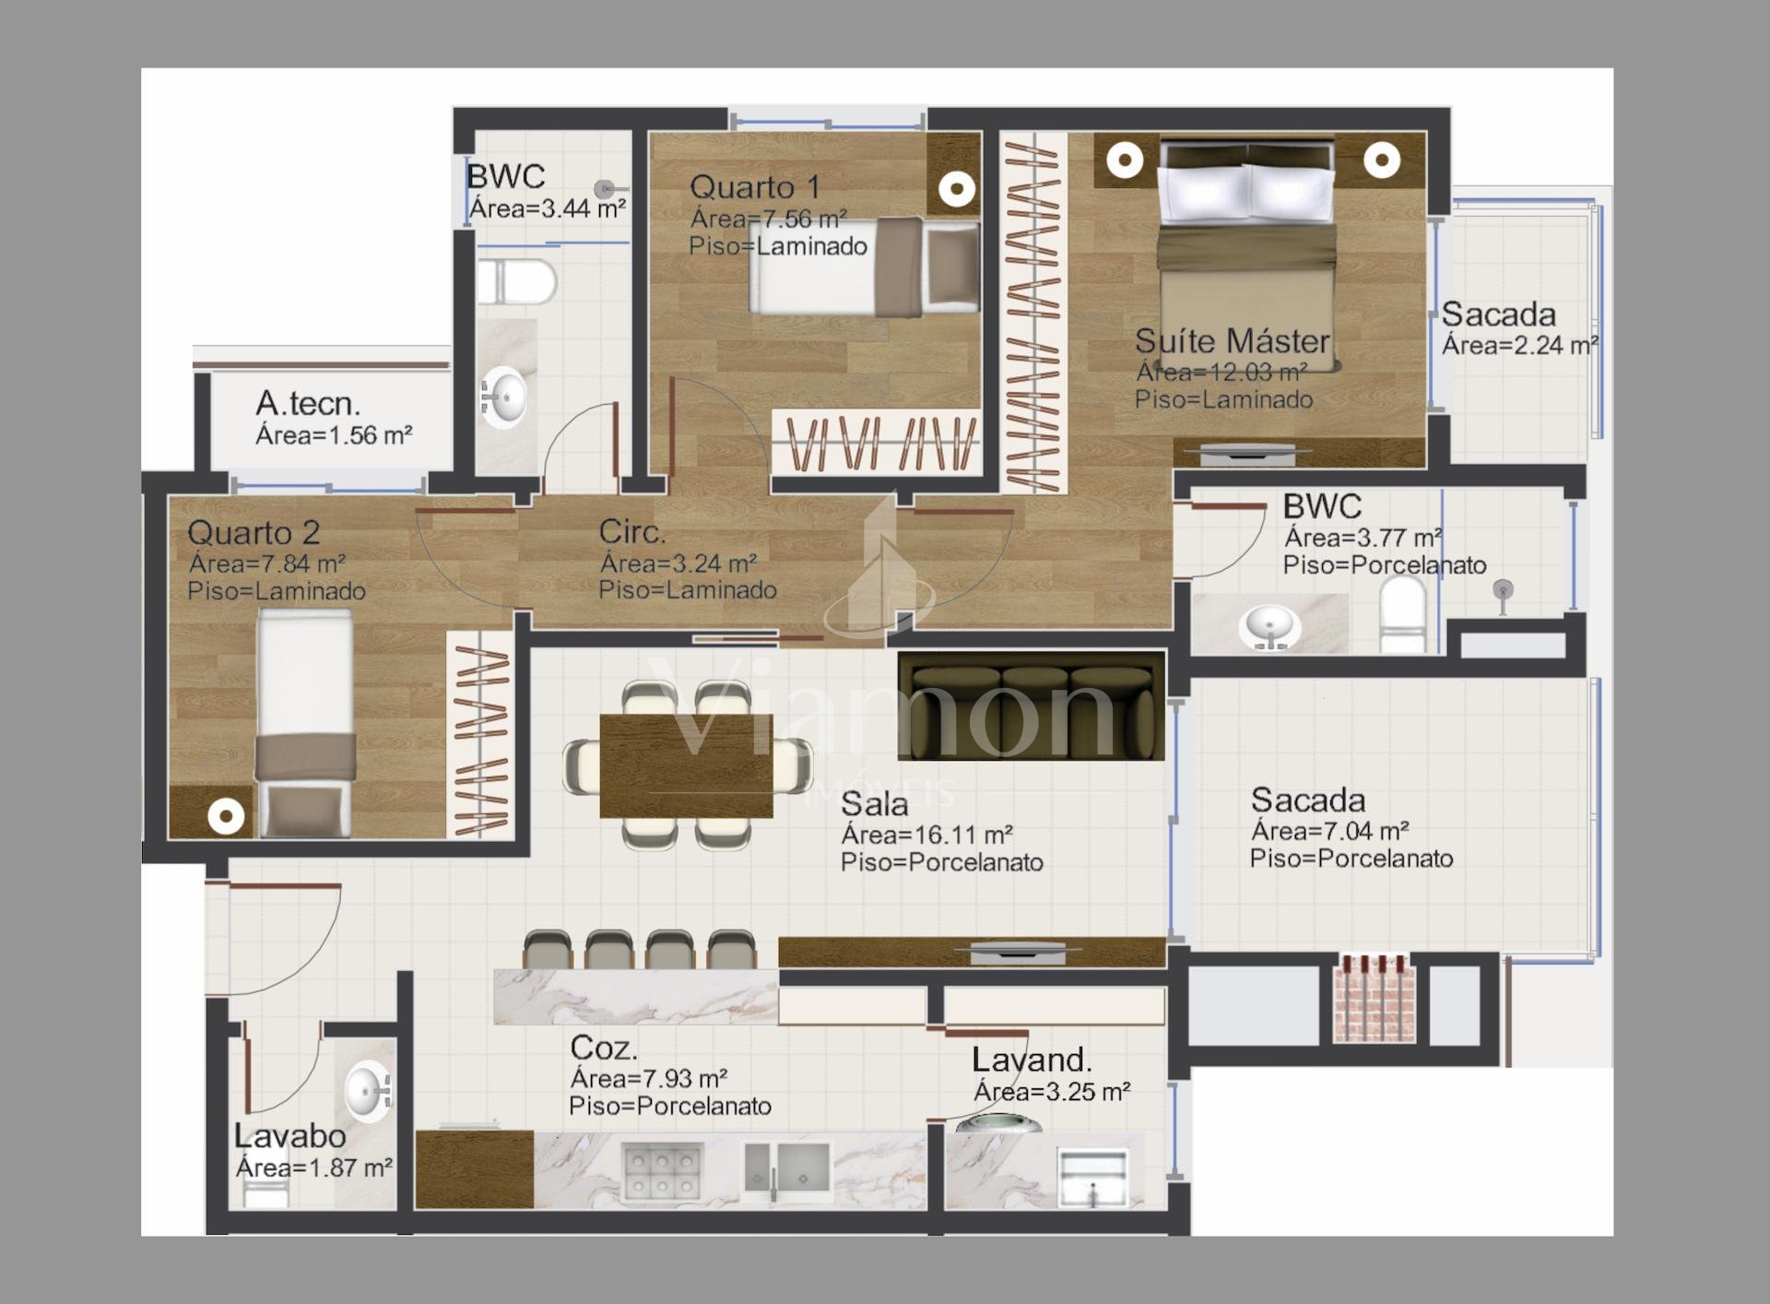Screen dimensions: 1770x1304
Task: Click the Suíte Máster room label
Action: (1232, 341)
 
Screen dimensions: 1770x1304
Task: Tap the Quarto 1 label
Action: (754, 187)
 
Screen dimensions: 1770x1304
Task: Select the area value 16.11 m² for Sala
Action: (926, 835)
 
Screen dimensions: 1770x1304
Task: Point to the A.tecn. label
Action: (308, 403)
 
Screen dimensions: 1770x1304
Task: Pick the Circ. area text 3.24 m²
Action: (678, 563)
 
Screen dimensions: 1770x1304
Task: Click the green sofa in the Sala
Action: (1031, 705)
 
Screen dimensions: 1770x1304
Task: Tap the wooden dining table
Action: (687, 765)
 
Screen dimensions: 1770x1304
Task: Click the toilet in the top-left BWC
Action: (516, 281)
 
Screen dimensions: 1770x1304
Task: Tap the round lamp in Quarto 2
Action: (226, 816)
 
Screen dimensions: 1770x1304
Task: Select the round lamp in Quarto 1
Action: (957, 190)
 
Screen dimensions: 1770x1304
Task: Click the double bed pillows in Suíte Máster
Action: (1246, 191)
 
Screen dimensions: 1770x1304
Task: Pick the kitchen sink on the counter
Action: (788, 1170)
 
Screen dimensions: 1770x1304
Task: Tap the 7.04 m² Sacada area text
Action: (1329, 831)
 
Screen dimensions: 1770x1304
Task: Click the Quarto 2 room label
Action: (254, 532)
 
